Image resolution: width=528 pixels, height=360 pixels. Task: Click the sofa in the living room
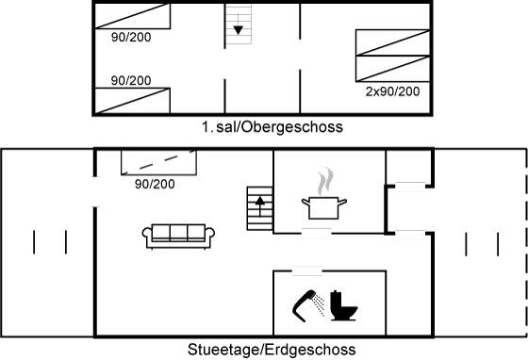178,237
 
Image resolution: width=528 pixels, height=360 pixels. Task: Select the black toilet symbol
343,305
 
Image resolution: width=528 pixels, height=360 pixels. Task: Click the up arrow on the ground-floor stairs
259,205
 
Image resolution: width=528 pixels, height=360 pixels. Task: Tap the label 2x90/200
392,91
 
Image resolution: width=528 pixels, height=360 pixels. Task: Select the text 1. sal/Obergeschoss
272,127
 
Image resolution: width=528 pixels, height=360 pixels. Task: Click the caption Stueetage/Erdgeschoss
272,350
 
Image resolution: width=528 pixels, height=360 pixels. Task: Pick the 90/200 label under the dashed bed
155,184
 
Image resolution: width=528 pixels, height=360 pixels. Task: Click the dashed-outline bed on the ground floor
159,162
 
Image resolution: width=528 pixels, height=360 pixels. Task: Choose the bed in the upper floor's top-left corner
133,16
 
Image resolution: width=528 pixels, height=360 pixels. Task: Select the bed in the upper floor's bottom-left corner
133,101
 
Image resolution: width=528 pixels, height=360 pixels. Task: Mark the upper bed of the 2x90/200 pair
393,42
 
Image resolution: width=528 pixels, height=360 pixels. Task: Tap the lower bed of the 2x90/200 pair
393,69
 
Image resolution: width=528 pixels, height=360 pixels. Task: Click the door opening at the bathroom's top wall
306,270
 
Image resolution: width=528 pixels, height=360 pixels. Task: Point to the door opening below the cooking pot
316,233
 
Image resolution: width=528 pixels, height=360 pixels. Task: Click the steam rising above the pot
325,182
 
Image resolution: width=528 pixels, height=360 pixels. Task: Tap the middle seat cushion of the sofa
178,232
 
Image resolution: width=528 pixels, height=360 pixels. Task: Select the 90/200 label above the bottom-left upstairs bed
131,80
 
